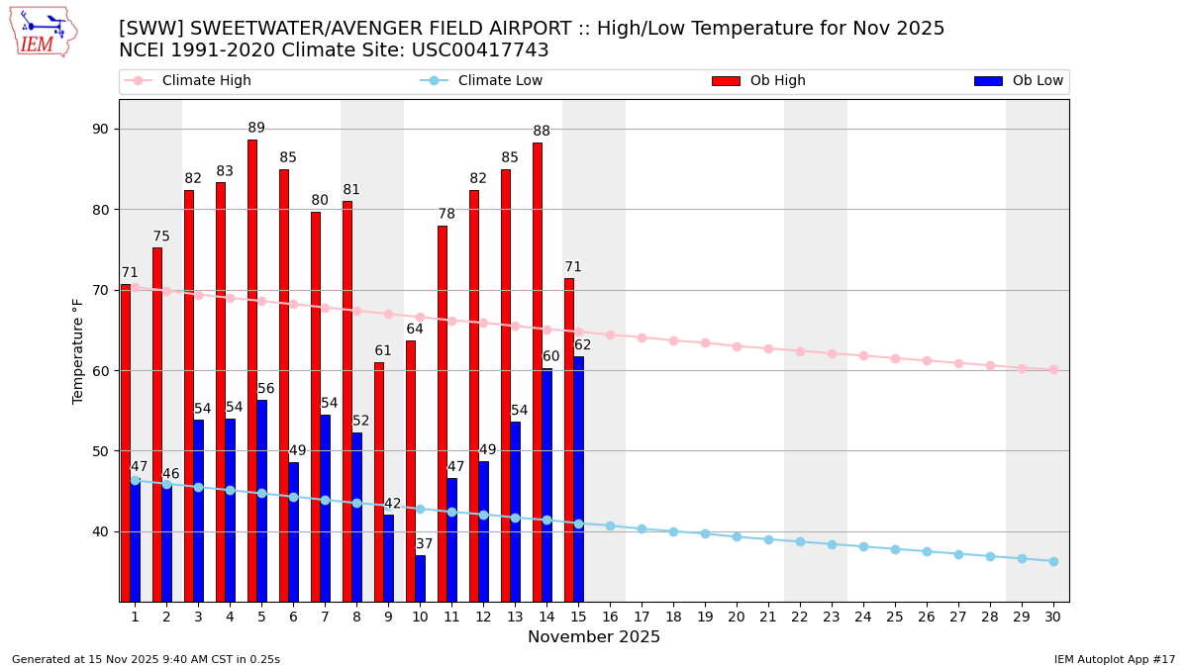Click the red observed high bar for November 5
pyautogui.click(x=252, y=370)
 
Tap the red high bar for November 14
pyautogui.click(x=538, y=371)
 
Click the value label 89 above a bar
pyautogui.click(x=256, y=129)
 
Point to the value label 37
pyautogui.click(x=424, y=544)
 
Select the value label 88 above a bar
pyautogui.click(x=542, y=132)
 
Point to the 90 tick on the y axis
pyautogui.click(x=103, y=130)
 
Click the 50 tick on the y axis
pyautogui.click(x=103, y=451)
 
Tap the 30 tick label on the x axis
pyautogui.click(x=1053, y=617)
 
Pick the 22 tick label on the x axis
pyautogui.click(x=800, y=617)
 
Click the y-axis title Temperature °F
pyautogui.click(x=78, y=350)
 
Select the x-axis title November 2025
pyautogui.click(x=594, y=637)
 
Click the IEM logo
pyautogui.click(x=43, y=32)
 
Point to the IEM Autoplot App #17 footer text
pyautogui.click(x=1115, y=659)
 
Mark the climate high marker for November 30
pyautogui.click(x=1053, y=370)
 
